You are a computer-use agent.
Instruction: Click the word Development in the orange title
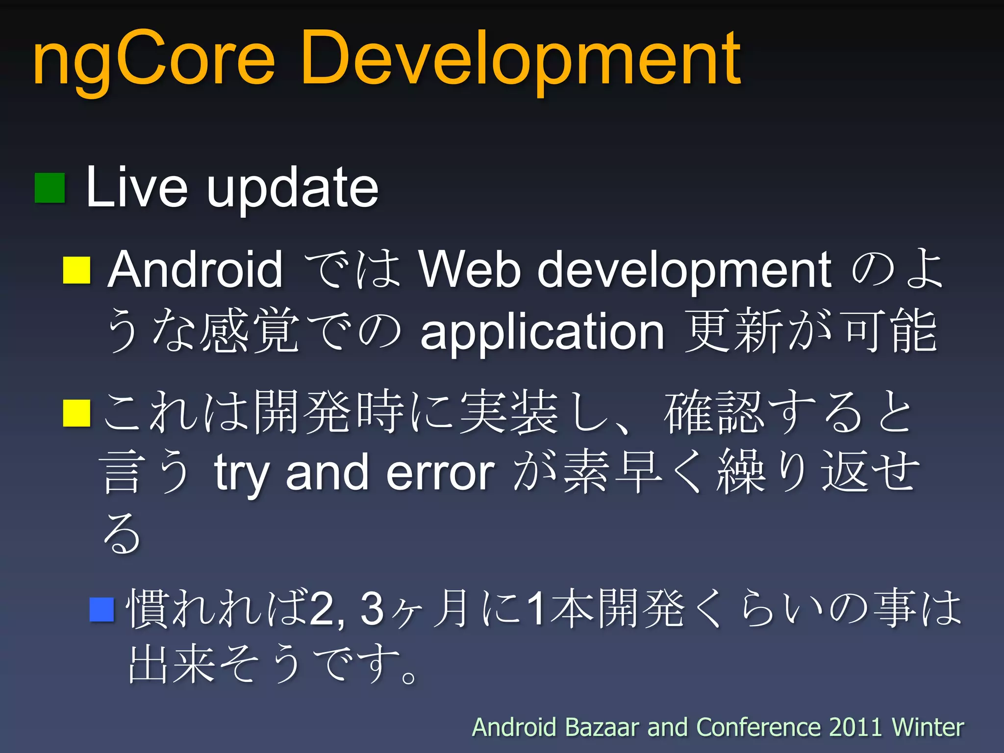click(x=521, y=61)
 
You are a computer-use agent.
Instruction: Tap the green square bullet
click(x=50, y=188)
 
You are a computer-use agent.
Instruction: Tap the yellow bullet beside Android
click(x=77, y=270)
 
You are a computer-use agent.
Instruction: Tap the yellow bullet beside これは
click(x=77, y=413)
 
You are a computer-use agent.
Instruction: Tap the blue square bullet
click(x=102, y=609)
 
